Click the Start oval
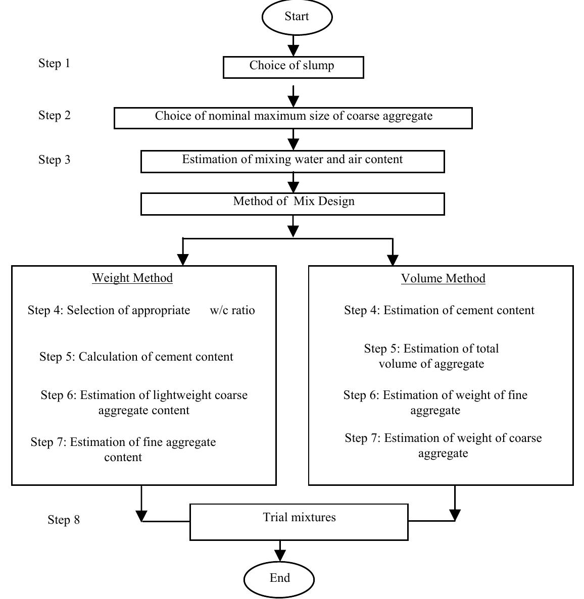tap(297, 17)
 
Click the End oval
tap(279, 578)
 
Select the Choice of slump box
tap(293, 67)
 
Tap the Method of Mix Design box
tap(293, 204)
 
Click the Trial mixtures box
tap(299, 521)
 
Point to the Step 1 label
tap(54, 64)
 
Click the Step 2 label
tap(55, 116)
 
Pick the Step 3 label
tap(55, 160)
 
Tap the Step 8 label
tap(64, 520)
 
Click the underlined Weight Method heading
tap(132, 278)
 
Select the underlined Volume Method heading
tap(443, 279)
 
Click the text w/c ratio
tap(232, 311)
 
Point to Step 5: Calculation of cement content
tap(136, 357)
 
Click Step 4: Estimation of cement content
tap(439, 311)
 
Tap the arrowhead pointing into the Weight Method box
tap(183, 259)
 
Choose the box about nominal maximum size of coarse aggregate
tap(293, 118)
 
